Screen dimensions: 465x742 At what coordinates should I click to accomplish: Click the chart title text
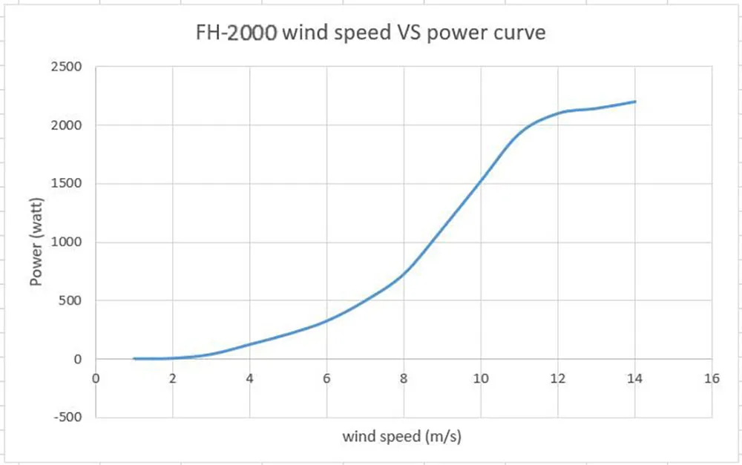point(370,33)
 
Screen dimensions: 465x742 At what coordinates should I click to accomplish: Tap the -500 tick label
point(68,417)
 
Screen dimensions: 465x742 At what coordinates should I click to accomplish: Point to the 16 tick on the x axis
point(712,378)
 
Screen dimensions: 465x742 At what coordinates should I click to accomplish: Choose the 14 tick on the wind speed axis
point(634,378)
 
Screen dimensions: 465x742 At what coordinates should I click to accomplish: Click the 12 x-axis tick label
point(557,378)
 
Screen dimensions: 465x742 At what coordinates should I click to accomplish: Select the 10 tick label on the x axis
point(481,378)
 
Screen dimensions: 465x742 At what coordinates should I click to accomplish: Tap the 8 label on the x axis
point(404,378)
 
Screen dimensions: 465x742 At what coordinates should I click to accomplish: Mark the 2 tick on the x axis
point(173,378)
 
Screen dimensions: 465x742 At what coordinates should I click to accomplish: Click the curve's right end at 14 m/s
point(635,102)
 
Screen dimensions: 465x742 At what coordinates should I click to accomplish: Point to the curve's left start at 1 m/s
point(134,358)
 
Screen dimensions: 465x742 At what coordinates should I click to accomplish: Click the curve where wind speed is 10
point(481,180)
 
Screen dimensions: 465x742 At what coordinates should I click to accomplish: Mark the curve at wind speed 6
point(326,320)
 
